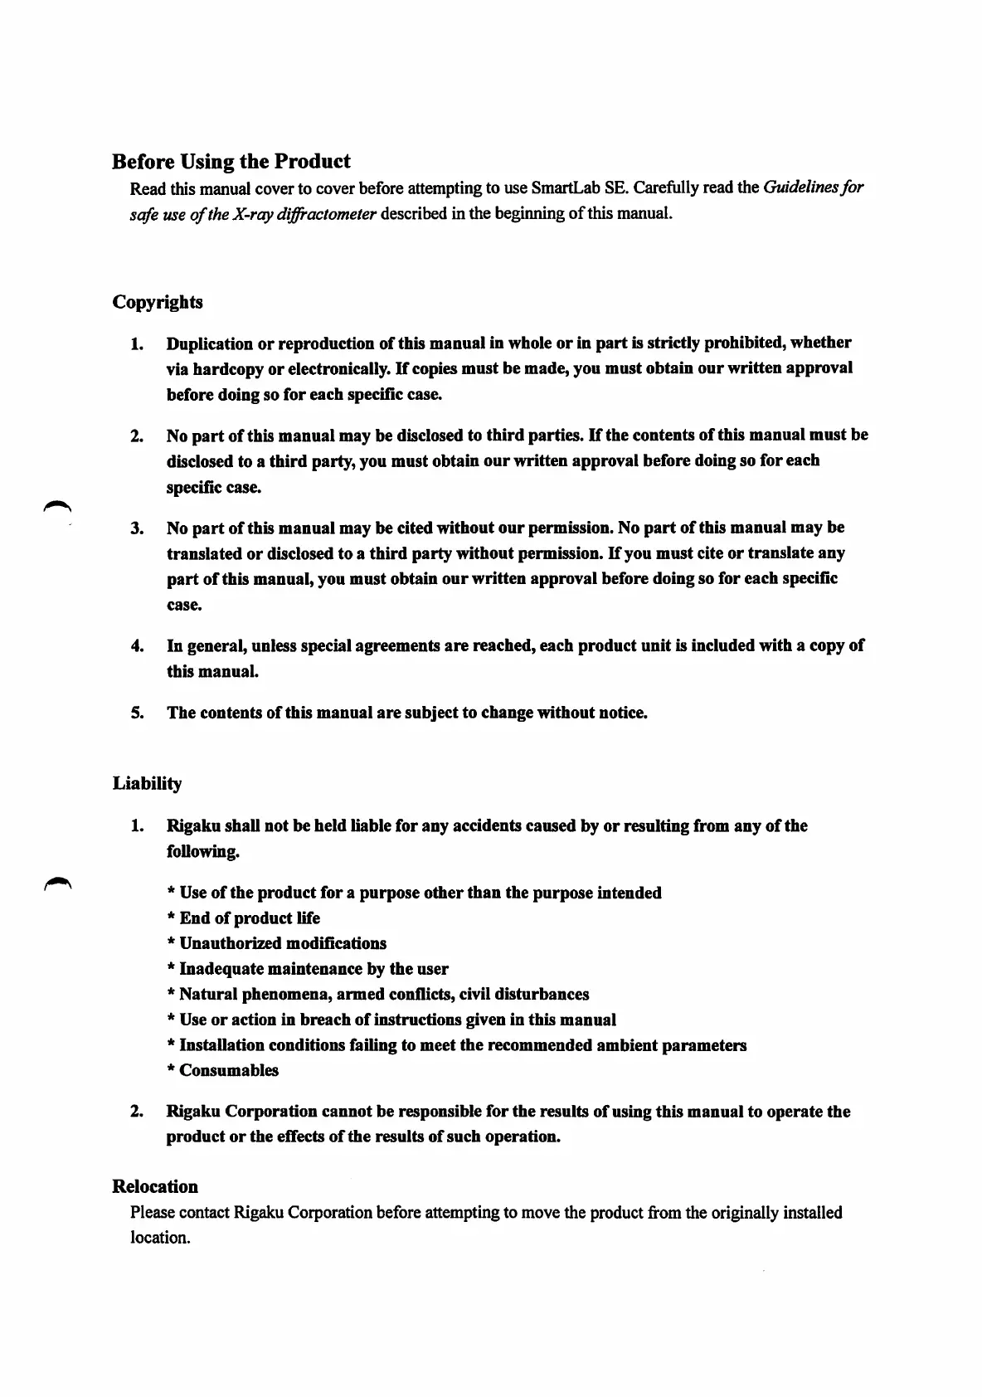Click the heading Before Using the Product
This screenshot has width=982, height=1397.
[231, 161]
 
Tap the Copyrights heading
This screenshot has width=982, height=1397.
[158, 302]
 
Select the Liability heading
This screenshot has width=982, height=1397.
[147, 784]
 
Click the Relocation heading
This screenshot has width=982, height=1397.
[155, 1186]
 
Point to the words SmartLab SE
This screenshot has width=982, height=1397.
[577, 187]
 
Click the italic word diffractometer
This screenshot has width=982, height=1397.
[329, 213]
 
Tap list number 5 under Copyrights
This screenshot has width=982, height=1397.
[137, 713]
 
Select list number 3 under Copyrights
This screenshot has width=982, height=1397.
[137, 528]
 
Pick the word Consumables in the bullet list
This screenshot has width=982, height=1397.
[229, 1070]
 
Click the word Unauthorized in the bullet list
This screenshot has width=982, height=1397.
[230, 943]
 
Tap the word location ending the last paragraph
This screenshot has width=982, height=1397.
[159, 1238]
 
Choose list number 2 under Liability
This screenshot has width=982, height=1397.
[137, 1112]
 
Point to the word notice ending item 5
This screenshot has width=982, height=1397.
[622, 713]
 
